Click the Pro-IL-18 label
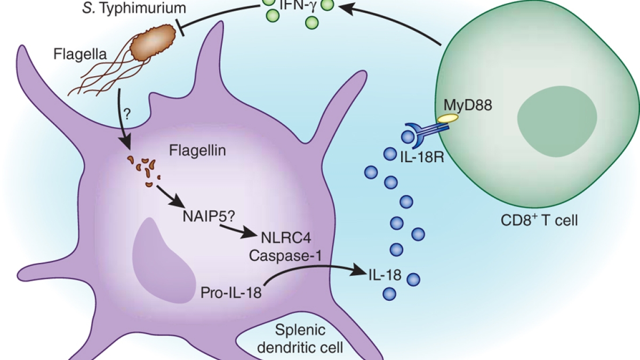231,293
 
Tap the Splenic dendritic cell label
304,340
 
